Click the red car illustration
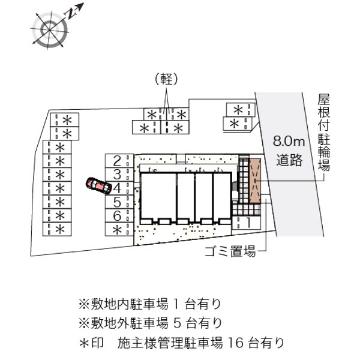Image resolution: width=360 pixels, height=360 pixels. point(99,185)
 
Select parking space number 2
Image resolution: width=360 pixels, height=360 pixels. point(119,161)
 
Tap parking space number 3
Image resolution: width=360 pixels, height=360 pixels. point(119,175)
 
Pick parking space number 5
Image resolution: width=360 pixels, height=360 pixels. point(119,202)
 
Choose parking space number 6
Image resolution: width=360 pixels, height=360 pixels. point(119,215)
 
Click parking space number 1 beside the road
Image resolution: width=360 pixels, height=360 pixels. point(247,223)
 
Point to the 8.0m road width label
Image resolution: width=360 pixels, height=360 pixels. point(289,141)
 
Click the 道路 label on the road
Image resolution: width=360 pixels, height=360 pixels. point(289,160)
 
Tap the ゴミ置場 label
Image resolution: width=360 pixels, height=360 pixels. point(230,251)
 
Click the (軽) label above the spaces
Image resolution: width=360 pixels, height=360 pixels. point(166,80)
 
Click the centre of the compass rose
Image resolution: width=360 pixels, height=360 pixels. point(49,30)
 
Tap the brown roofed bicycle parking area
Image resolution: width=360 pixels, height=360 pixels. point(256,181)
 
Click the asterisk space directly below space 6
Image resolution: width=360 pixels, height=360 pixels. point(119,229)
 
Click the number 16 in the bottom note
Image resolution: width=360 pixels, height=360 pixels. point(236,343)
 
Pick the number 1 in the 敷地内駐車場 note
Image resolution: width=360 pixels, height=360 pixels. point(176,304)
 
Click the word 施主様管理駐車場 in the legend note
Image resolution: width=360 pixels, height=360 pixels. point(170,343)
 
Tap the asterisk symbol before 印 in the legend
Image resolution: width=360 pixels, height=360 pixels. point(84,343)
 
